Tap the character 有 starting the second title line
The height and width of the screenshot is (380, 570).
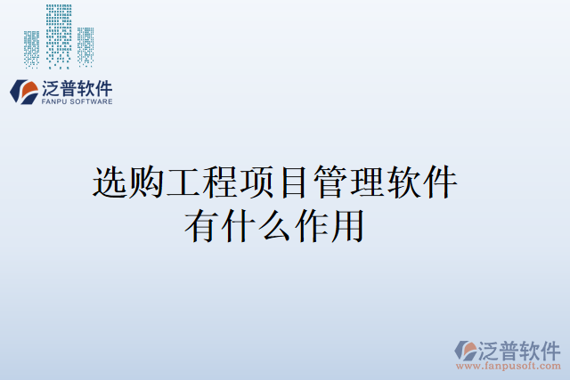click(x=202, y=224)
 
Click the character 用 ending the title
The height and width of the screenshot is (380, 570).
click(x=348, y=224)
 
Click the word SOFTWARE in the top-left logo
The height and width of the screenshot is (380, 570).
click(x=91, y=102)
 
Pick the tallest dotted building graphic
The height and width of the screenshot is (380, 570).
click(x=59, y=36)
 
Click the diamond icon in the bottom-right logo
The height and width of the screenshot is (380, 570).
click(x=466, y=350)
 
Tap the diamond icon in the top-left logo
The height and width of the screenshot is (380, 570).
click(x=22, y=91)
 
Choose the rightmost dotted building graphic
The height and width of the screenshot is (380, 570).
click(x=85, y=46)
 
